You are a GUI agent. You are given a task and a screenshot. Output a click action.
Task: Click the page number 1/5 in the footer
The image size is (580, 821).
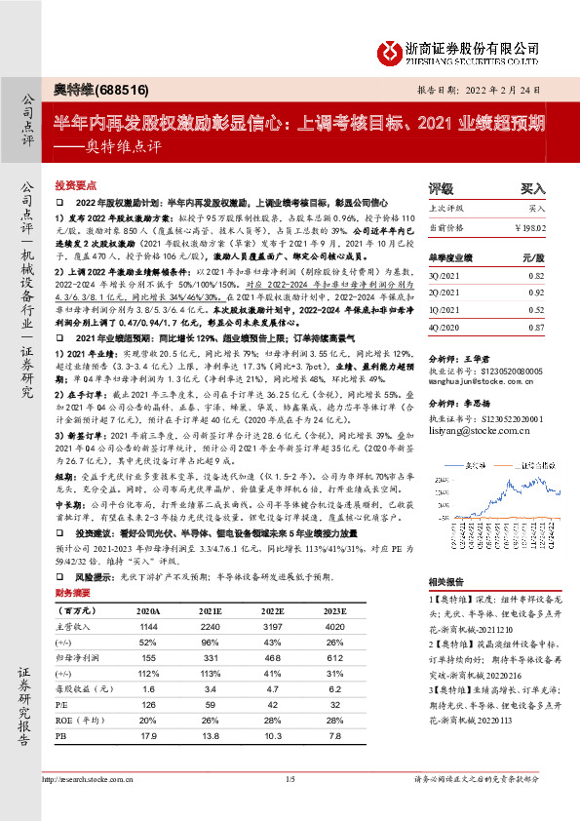coord(290,805)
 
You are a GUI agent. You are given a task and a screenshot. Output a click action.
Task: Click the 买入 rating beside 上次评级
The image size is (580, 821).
coord(537,209)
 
